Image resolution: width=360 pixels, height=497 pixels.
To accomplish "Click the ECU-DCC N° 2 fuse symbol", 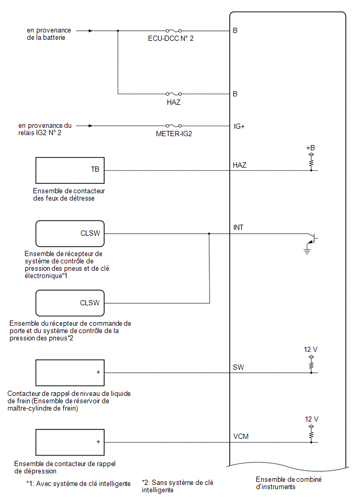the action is [174, 31].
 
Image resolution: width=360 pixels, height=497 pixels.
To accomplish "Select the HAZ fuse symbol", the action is [174, 94].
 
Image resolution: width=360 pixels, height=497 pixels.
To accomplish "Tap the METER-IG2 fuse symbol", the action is [174, 126].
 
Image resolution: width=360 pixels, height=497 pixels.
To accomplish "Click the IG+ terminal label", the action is [239, 126].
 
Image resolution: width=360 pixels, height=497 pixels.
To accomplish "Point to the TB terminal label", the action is [95, 169].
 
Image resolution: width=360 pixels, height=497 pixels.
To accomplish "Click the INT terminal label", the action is [238, 227].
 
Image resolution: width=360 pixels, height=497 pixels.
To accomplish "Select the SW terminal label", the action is [238, 367].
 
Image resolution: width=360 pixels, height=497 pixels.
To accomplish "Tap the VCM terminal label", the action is [241, 436].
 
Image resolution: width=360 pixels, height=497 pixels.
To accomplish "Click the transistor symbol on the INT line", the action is [312, 239].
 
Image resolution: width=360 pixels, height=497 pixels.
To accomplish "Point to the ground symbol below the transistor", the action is [307, 251].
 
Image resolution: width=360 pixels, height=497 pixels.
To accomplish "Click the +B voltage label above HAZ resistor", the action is [310, 148].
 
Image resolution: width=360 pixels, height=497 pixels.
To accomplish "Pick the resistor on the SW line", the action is [311, 364].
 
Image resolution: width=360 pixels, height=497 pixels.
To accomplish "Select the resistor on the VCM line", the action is [311, 434].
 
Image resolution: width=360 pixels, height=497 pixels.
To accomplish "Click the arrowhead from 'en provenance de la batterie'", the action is [91, 31].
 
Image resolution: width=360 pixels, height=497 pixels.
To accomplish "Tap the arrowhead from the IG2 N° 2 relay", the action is [91, 126].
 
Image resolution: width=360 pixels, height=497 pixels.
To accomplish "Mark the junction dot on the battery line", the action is [118, 31].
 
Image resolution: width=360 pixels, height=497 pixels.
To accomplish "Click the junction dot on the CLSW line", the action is [209, 234].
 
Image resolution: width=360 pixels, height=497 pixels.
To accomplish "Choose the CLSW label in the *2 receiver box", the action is [90, 303].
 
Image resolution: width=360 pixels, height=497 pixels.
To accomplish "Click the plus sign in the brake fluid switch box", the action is [98, 372].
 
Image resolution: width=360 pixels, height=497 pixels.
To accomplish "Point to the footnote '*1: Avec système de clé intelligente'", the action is [78, 484].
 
